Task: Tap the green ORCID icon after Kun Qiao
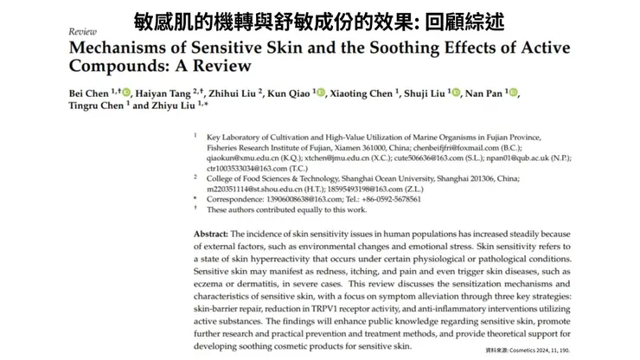click(x=321, y=93)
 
